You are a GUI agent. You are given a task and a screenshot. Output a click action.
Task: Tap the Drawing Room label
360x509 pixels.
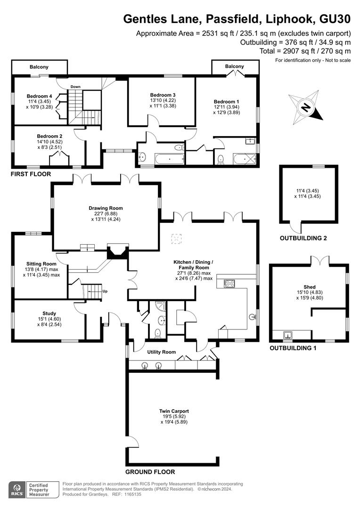click(106, 208)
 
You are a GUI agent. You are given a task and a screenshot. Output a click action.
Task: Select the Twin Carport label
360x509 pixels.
click(174, 411)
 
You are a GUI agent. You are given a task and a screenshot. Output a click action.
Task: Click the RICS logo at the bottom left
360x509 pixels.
click(17, 490)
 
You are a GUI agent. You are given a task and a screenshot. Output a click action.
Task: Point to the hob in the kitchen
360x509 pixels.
click(229, 283)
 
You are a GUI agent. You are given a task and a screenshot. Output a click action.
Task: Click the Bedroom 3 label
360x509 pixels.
click(163, 95)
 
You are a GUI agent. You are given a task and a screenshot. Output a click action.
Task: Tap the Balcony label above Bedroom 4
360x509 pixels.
click(39, 67)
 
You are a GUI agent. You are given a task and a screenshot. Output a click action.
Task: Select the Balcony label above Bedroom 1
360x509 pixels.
click(234, 66)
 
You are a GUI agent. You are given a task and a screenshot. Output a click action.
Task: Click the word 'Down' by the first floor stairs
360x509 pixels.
click(76, 87)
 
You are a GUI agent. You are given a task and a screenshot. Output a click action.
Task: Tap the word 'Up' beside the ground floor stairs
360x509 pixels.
click(105, 291)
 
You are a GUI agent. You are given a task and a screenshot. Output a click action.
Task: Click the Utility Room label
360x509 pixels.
click(161, 352)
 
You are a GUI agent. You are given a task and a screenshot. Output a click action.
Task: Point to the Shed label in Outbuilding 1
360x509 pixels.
click(310, 287)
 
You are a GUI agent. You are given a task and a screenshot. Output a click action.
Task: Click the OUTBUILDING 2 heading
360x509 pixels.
click(303, 238)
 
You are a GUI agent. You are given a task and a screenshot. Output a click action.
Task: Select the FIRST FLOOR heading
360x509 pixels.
click(31, 174)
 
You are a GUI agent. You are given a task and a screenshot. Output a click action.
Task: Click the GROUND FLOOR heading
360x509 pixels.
click(150, 472)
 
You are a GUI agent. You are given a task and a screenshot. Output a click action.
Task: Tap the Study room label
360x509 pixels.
click(49, 313)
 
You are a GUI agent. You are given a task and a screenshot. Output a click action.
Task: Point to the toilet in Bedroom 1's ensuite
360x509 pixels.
click(221, 159)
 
